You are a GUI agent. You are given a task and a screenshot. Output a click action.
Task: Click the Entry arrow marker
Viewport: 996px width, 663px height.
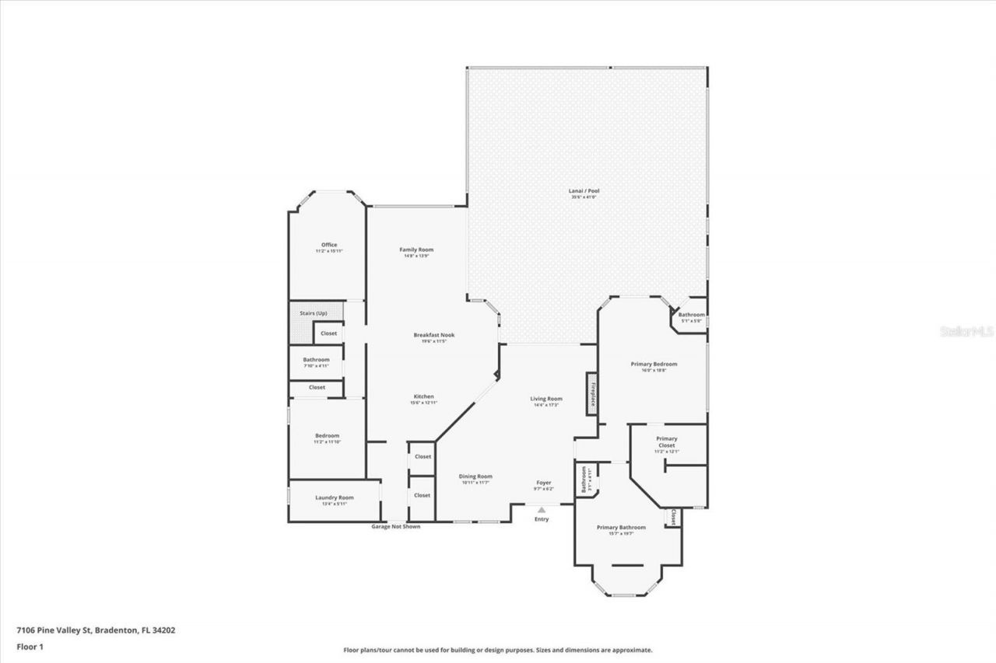(542, 510)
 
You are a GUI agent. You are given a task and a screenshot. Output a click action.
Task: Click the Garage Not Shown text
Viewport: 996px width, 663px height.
(395, 526)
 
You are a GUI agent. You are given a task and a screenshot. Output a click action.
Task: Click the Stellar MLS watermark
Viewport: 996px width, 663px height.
(966, 331)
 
